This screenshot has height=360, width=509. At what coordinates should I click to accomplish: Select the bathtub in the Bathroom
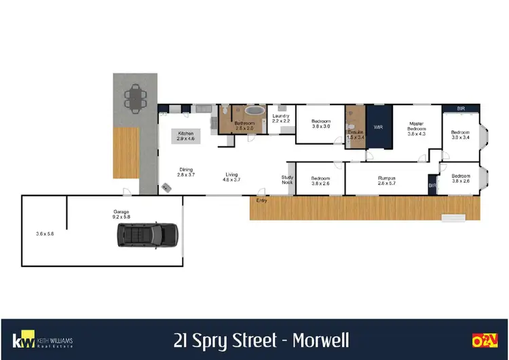tap(254, 110)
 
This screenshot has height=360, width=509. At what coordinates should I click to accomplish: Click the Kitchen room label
tap(186, 136)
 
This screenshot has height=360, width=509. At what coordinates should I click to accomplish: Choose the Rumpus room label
tap(388, 180)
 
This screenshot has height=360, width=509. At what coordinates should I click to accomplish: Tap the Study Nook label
tap(288, 180)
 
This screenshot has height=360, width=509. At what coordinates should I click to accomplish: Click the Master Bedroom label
tap(416, 128)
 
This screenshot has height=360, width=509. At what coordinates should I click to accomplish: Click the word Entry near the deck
tap(261, 200)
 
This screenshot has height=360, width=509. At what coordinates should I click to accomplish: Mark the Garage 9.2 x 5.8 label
tap(122, 215)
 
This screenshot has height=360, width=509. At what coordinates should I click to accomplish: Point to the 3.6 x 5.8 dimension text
tap(44, 234)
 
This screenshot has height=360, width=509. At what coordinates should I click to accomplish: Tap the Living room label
tap(232, 177)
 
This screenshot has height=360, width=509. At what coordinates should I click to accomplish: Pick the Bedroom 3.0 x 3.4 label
tap(461, 134)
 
